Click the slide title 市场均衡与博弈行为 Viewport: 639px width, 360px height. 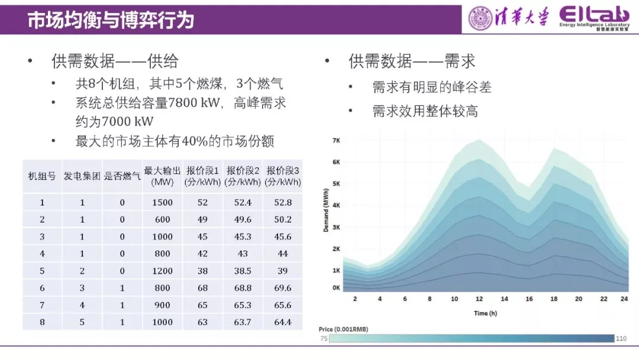[111, 21]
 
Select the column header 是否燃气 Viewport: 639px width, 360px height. [122, 176]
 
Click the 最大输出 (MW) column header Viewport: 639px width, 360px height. [162, 176]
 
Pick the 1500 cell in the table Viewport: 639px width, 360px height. [162, 202]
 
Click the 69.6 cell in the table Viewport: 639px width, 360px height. [283, 288]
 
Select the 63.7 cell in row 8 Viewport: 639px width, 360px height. [243, 322]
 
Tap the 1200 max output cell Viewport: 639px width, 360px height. [162, 271]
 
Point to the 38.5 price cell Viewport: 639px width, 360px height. [243, 271]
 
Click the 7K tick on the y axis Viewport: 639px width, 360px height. [336, 141]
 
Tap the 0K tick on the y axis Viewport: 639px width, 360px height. [336, 288]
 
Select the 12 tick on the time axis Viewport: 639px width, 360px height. [480, 299]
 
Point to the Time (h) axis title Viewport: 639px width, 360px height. [485, 313]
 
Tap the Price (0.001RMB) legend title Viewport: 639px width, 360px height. [343, 329]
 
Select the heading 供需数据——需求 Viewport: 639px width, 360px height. [412, 61]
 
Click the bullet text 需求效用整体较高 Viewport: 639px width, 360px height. [425, 111]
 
